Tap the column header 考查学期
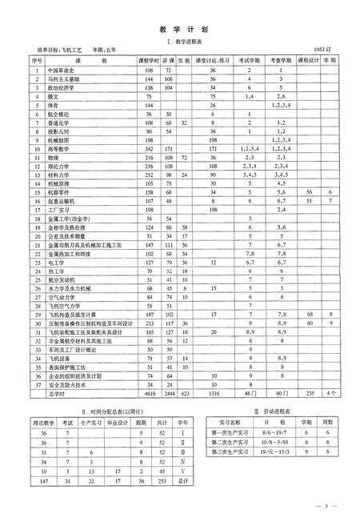[281, 60]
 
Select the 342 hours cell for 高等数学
[149, 149]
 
